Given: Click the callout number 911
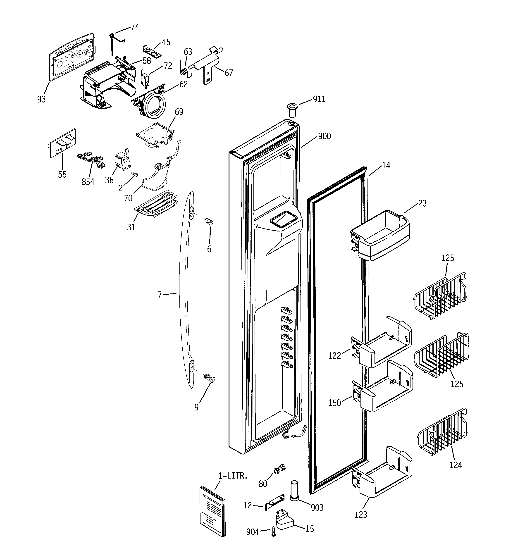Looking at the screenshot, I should click(319, 99).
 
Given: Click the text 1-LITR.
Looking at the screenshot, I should click(233, 476).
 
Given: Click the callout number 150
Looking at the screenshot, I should click(334, 403).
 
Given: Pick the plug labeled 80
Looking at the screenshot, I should click(279, 469).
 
